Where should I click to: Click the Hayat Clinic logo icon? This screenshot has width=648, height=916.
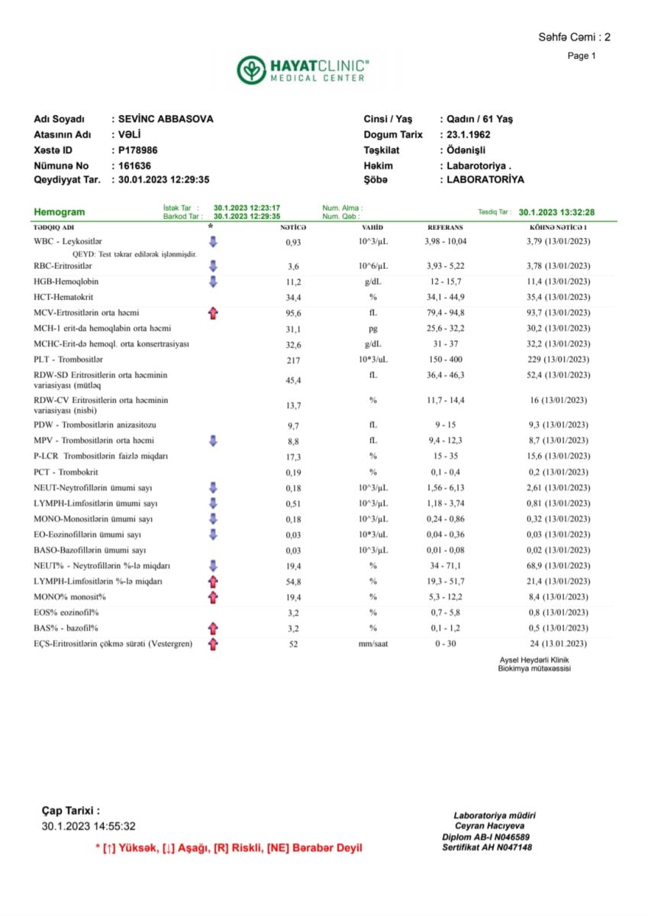point(251,70)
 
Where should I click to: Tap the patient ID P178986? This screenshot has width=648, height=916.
point(139,150)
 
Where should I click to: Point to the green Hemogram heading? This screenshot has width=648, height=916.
point(60,212)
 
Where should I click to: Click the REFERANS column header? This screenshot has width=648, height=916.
point(445,227)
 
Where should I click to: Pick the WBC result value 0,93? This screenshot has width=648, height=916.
point(294,242)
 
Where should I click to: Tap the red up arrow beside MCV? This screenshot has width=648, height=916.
point(213,313)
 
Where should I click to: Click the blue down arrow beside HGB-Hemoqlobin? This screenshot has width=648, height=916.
point(213,282)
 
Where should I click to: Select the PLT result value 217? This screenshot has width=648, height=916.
point(294,360)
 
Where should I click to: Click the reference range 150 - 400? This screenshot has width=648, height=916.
point(446,360)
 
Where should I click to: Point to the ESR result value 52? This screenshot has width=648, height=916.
point(294,644)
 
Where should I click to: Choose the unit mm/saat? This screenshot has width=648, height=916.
point(373,644)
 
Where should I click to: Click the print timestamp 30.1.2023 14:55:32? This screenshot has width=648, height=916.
point(89,826)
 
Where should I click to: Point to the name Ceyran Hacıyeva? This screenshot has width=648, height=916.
point(489,826)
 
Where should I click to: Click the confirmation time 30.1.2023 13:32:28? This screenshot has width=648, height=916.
point(556,212)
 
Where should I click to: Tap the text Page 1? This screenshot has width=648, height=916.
point(582,56)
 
